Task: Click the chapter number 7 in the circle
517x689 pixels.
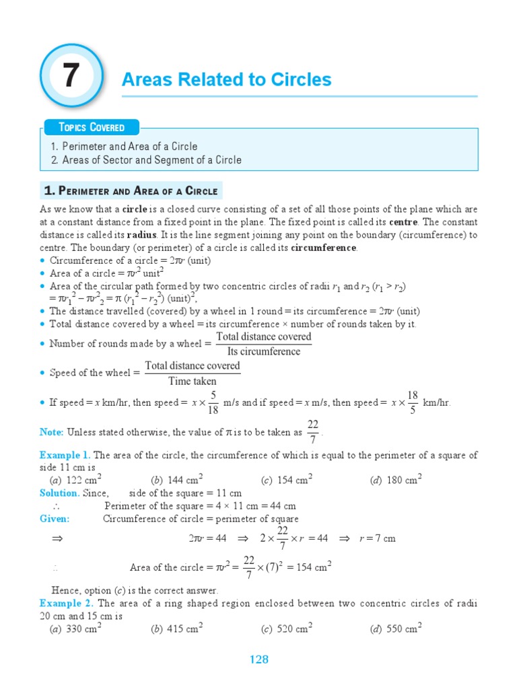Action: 71,76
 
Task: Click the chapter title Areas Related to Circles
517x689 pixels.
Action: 226,80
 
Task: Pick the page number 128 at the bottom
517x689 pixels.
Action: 258,659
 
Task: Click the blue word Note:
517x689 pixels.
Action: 52,433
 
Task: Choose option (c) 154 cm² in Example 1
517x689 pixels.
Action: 287,480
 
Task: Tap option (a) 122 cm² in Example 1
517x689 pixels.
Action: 75,480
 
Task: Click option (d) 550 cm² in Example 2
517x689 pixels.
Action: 396,629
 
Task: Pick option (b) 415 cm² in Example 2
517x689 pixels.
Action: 177,629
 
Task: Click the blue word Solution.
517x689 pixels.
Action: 60,493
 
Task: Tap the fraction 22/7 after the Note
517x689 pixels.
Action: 312,431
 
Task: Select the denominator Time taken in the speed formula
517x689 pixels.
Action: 193,381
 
